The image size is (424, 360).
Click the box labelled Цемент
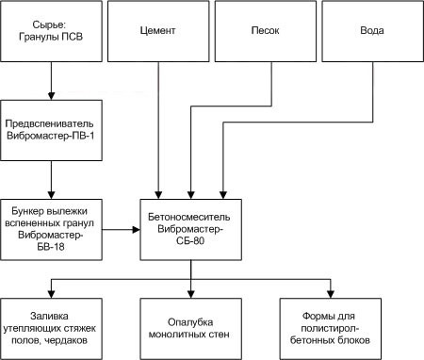pos(156,31)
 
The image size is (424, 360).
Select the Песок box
pos(262,31)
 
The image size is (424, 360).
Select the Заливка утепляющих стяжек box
pos(49,326)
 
